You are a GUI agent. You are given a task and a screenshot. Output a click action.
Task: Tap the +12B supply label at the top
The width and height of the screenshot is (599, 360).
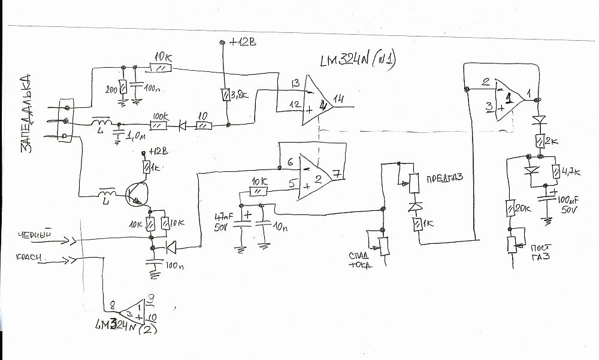[243, 43]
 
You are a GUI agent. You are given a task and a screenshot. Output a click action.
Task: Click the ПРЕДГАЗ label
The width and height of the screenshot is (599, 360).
[442, 179]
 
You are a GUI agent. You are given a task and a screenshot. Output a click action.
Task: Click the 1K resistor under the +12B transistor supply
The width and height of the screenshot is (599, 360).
[146, 165]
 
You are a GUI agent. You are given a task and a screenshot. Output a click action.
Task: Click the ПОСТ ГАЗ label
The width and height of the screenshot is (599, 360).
[539, 252]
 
